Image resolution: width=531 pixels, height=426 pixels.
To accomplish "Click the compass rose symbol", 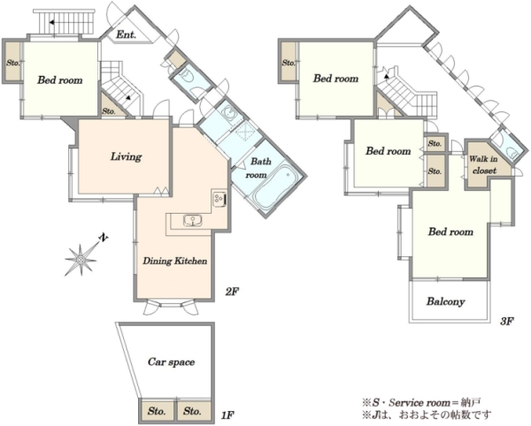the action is click(x=81, y=260).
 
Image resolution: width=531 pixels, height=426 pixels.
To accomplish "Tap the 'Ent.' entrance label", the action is click(x=126, y=34).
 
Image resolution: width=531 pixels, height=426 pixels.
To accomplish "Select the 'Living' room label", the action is click(x=126, y=156).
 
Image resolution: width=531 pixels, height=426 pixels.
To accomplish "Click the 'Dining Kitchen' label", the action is click(x=174, y=261).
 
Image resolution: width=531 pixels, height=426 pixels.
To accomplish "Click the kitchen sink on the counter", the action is click(x=193, y=220).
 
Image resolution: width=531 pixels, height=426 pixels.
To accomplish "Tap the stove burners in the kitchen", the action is click(x=219, y=199).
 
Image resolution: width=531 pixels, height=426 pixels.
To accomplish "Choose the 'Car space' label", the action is click(x=172, y=362).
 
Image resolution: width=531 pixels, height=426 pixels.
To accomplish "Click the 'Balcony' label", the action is click(x=445, y=301).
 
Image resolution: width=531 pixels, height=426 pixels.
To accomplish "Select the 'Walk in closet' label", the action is click(x=483, y=164).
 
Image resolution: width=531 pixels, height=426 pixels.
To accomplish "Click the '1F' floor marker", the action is click(x=227, y=415).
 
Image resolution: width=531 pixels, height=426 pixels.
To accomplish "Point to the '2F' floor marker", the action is click(x=232, y=291).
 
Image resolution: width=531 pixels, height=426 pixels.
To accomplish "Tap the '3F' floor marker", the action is click(x=507, y=321).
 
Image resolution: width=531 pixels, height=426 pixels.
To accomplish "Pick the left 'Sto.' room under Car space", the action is click(x=157, y=411).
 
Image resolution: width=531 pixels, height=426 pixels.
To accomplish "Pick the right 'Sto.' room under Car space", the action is click(x=193, y=411).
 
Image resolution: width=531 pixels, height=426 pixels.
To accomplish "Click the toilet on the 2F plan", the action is click(x=186, y=76).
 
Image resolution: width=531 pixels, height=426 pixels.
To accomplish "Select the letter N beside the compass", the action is click(x=104, y=238).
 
